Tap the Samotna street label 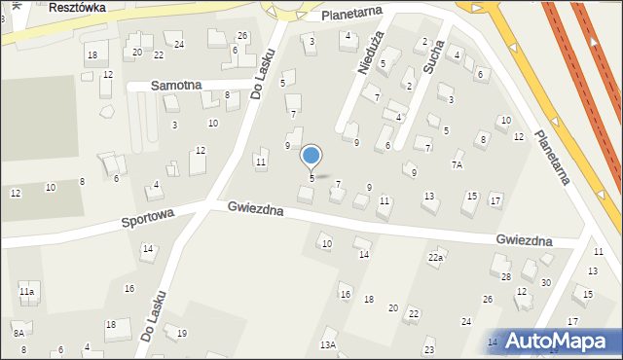click(176, 86)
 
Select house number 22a click(435, 257)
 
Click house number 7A click(457, 165)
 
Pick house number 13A click(328, 345)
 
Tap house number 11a click(27, 291)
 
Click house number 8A click(18, 333)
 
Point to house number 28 click(506, 277)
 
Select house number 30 click(546, 283)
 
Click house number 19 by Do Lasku click(181, 334)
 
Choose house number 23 click(429, 350)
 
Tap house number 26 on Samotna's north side click(242, 36)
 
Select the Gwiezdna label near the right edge click(524, 240)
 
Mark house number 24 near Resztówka click(179, 45)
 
